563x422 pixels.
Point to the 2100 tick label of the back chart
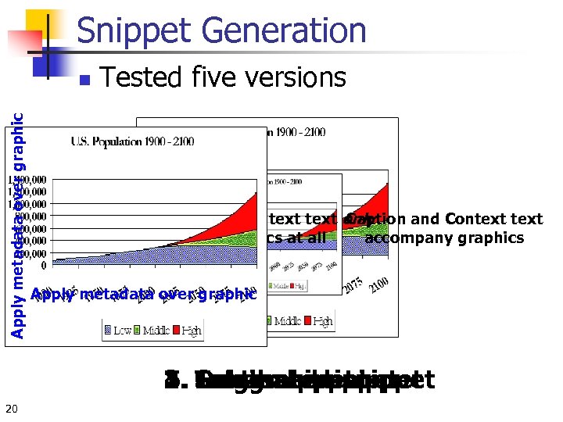point(382,287)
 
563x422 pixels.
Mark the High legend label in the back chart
point(322,320)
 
